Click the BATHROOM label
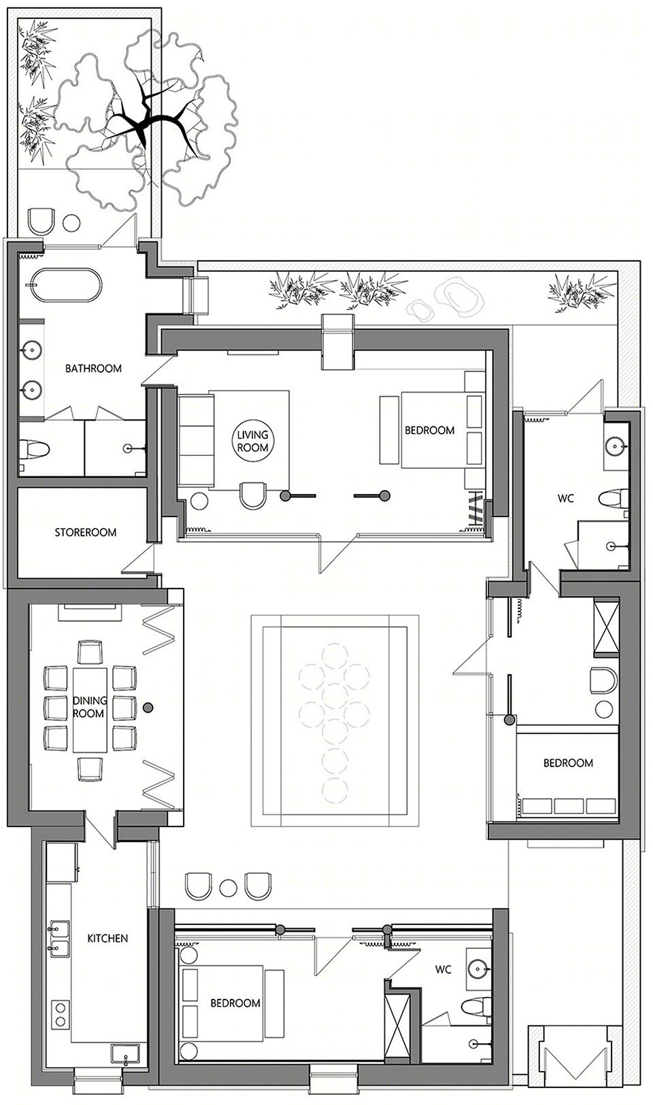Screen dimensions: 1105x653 tap(93, 368)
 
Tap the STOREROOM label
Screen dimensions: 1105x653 tap(86, 533)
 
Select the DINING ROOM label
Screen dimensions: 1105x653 tap(89, 707)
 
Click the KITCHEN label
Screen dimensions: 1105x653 tap(107, 938)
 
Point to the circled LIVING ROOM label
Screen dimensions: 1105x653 tap(252, 441)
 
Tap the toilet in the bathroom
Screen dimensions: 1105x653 tap(34, 449)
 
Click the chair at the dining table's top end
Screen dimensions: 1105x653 tap(90, 652)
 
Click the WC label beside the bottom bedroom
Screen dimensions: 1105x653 tap(443, 970)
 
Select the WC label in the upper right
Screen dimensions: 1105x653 tap(565, 498)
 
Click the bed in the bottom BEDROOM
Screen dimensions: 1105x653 tap(224, 1003)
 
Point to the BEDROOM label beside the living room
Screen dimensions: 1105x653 tap(429, 430)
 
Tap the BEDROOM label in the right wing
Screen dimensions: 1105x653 tap(568, 763)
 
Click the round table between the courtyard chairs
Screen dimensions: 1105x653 tap(229, 887)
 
